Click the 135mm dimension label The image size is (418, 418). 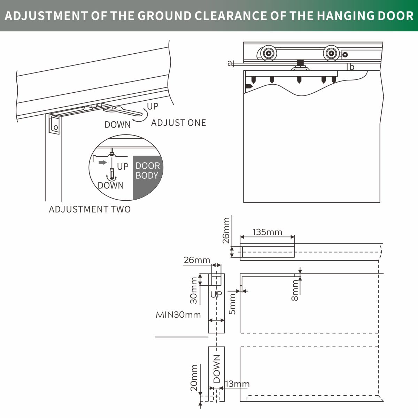point(267,232)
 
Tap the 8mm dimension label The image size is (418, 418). point(295,291)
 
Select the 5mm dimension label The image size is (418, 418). point(232,304)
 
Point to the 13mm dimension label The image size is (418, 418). point(237,384)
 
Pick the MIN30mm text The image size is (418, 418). point(178,315)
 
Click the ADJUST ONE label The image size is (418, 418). point(179,123)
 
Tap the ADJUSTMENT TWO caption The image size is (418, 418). point(90,209)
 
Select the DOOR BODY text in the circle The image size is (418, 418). point(148,170)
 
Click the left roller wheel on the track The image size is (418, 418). point(268,53)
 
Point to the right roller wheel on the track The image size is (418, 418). point(331,53)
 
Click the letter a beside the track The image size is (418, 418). point(230,63)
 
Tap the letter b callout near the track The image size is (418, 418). point(352,67)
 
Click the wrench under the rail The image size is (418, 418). point(123,110)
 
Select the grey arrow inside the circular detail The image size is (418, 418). point(103,162)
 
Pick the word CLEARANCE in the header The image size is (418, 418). point(231,16)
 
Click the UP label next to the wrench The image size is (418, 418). point(153,107)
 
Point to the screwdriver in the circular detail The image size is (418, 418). point(112,168)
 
